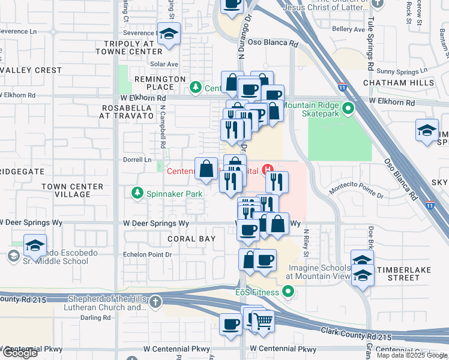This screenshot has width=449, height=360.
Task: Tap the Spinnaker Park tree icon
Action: [137, 193]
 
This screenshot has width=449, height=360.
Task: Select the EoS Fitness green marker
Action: [288, 292]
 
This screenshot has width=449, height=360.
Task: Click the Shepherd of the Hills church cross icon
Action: [155, 301]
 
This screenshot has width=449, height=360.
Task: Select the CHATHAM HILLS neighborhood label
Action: [398, 82]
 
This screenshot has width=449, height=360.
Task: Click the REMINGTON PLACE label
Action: [160, 83]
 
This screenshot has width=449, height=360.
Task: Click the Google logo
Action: [20, 353]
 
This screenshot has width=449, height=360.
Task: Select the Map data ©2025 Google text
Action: [412, 355]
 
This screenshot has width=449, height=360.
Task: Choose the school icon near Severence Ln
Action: [169, 35]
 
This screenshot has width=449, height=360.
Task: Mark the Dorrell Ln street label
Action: [138, 160]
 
